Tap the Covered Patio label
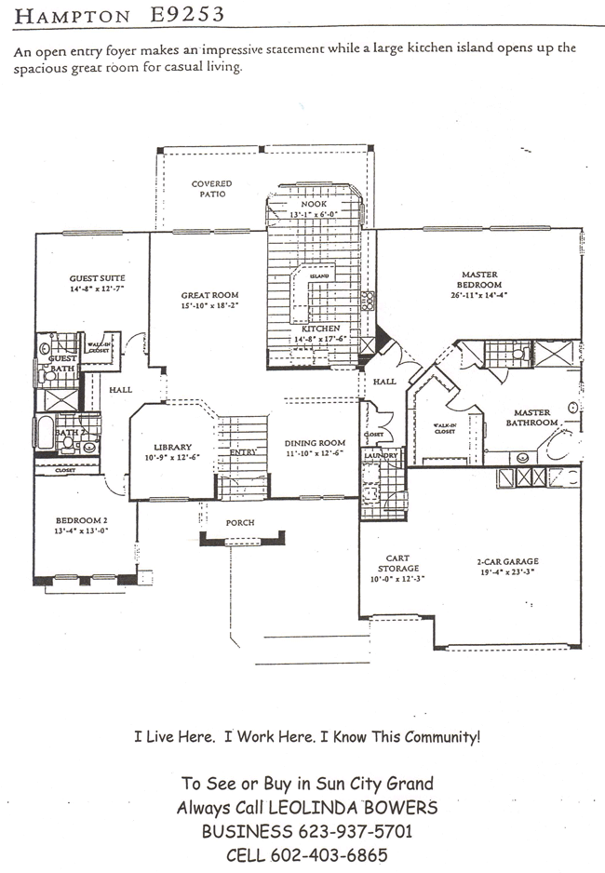click(x=211, y=190)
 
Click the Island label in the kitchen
click(x=319, y=275)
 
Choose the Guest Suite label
click(x=97, y=278)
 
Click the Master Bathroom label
click(x=531, y=417)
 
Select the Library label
click(x=172, y=447)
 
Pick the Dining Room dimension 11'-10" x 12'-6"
click(x=315, y=453)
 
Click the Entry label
click(x=243, y=451)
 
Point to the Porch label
click(x=240, y=522)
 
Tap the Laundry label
click(x=382, y=455)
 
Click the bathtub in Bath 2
click(x=46, y=434)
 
